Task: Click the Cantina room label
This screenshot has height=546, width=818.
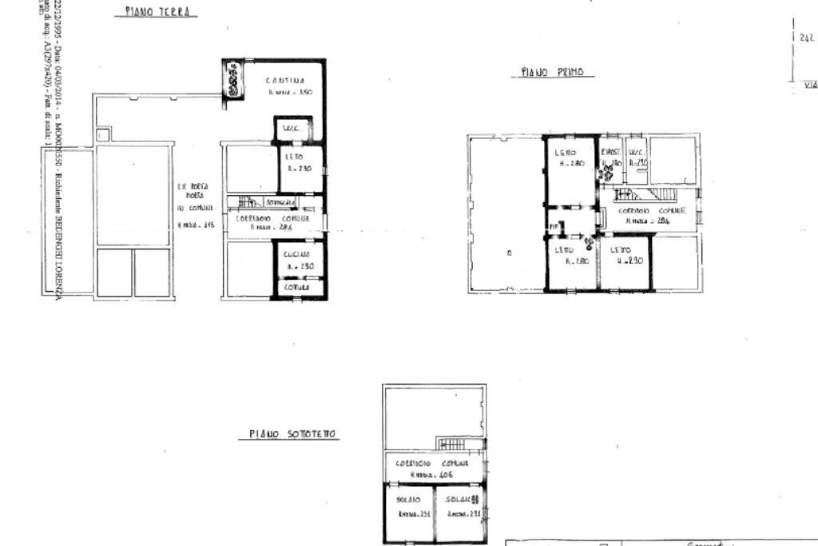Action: pyautogui.click(x=285, y=80)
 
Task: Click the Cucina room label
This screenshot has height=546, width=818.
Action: pyautogui.click(x=296, y=253)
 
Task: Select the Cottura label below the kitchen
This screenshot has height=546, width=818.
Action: pyautogui.click(x=297, y=286)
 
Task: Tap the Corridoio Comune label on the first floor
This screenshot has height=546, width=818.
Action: pyautogui.click(x=652, y=210)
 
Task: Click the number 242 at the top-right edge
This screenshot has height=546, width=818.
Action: pyautogui.click(x=806, y=37)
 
